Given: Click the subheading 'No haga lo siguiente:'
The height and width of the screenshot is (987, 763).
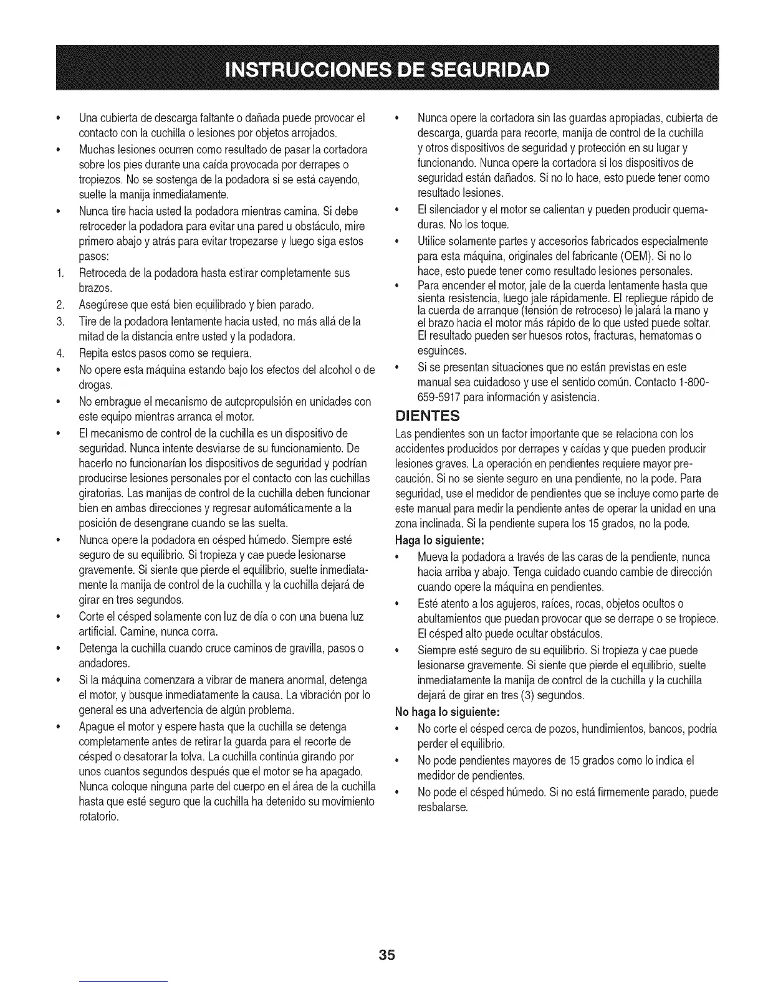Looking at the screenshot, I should [x=448, y=712].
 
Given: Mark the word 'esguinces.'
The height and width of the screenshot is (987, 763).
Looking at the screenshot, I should [x=440, y=351].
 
